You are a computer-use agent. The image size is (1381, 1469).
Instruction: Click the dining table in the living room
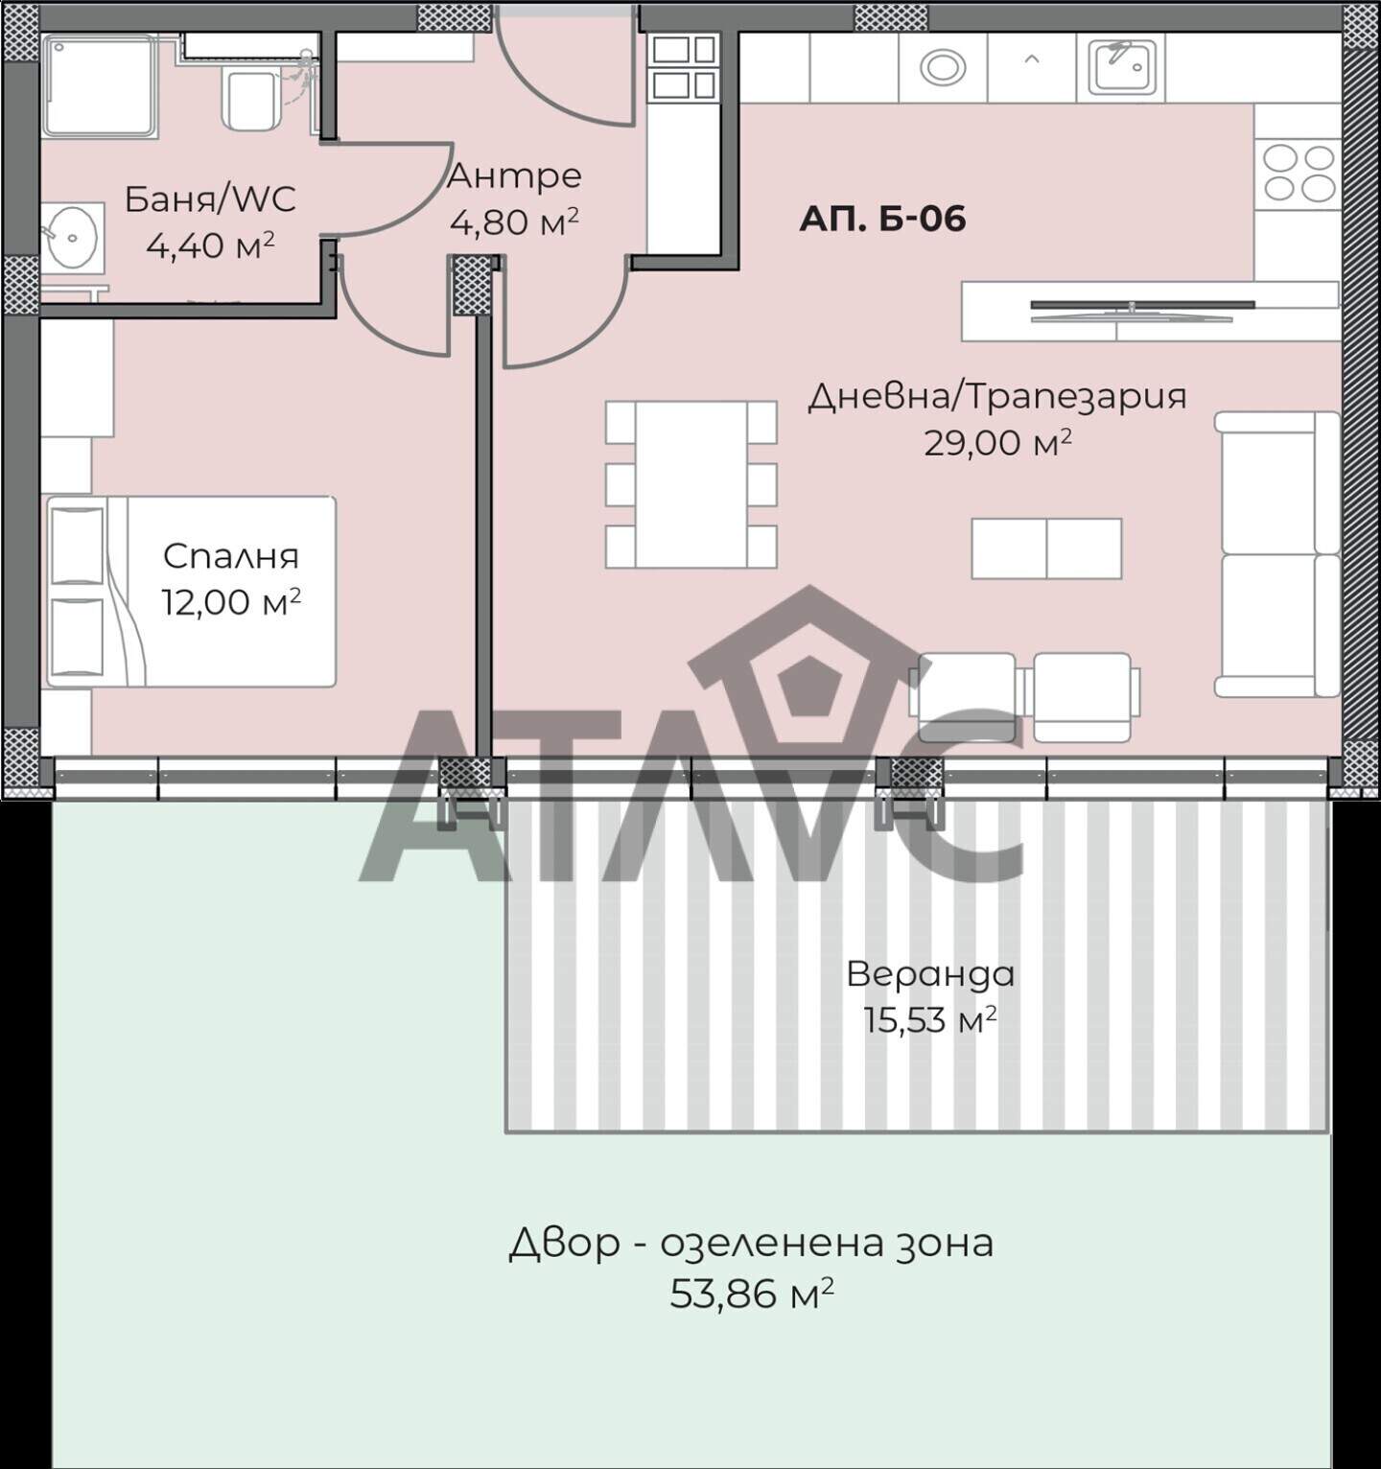point(690,484)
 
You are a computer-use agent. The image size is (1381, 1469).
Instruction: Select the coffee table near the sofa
point(1046,548)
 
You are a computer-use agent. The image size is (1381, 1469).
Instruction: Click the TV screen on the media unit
point(1142,305)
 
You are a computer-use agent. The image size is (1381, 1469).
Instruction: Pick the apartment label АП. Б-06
point(882,219)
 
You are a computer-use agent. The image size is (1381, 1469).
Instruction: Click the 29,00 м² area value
point(997,443)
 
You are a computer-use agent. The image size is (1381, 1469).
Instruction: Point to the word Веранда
point(930,974)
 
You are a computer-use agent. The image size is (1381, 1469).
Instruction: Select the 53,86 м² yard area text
point(751,1294)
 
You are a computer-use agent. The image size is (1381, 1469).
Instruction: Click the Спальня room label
point(231,556)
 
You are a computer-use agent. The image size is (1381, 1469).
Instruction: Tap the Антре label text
point(514,175)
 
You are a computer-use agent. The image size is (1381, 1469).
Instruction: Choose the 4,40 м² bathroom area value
point(210,245)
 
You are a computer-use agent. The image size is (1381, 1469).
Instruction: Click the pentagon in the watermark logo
point(808,688)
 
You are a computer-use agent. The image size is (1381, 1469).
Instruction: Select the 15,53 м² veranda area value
point(929,1020)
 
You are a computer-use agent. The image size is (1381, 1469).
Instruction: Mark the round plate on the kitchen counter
point(943,67)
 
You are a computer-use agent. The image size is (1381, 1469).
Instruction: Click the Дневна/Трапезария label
point(997,396)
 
